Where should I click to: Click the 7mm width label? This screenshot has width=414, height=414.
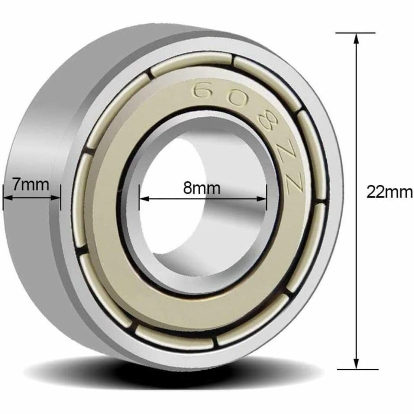click(31, 184)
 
